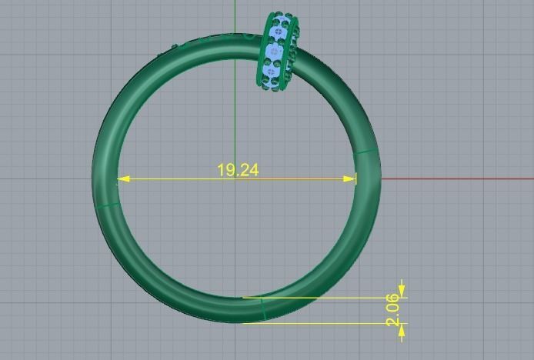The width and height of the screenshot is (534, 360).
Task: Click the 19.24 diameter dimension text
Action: click(x=238, y=170)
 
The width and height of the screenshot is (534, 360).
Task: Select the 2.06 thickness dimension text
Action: click(x=394, y=309)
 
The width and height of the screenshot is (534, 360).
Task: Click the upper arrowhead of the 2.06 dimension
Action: click(x=401, y=292)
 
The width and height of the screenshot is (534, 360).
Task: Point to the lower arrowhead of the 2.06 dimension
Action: click(x=401, y=328)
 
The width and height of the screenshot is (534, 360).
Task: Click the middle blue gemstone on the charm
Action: click(x=273, y=52)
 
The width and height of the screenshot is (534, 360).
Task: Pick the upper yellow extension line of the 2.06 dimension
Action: click(x=323, y=298)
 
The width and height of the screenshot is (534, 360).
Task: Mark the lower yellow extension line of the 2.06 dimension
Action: click(x=323, y=323)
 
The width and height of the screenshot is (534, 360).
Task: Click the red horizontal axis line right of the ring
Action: click(x=462, y=179)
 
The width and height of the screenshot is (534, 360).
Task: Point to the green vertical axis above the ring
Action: click(x=235, y=15)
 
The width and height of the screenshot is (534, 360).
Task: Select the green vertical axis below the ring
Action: click(x=235, y=342)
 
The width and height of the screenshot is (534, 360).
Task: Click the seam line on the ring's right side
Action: click(x=368, y=152)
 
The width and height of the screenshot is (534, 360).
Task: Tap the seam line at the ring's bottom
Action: click(x=263, y=309)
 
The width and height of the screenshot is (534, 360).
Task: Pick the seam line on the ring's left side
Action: click(x=107, y=205)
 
